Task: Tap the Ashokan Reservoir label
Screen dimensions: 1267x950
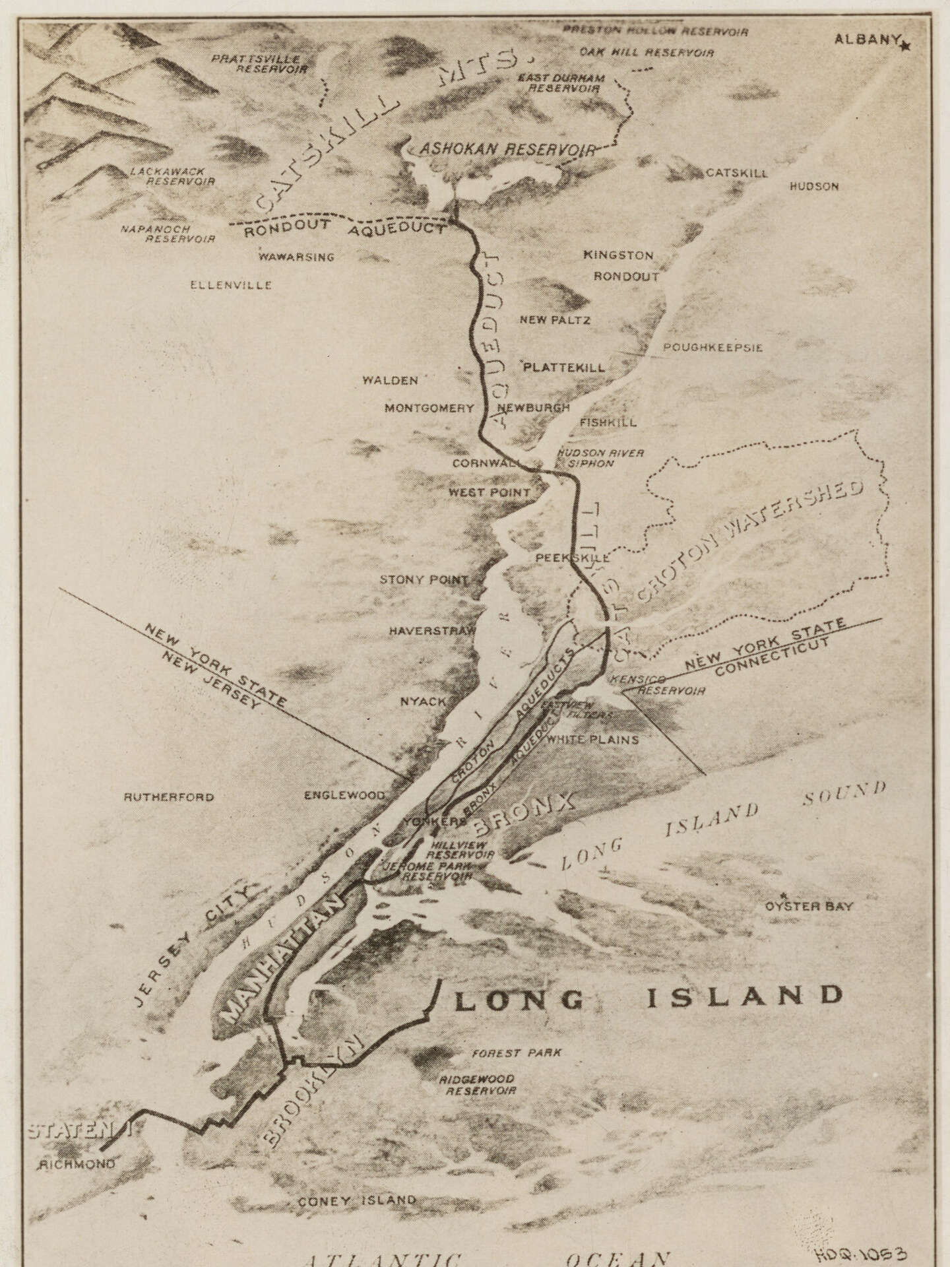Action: click(504, 149)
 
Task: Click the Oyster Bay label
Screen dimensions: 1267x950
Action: click(809, 907)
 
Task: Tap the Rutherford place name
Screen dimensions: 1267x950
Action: click(169, 797)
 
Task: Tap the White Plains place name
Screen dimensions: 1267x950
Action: click(592, 740)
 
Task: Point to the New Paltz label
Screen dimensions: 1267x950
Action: click(555, 320)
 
